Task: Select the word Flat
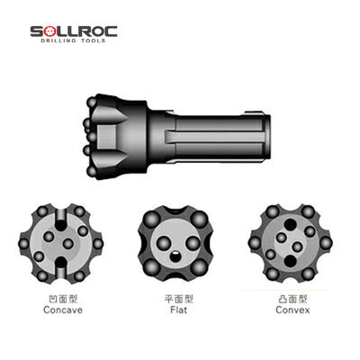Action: [177, 308]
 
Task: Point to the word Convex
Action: [291, 308]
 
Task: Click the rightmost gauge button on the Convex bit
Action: [326, 243]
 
